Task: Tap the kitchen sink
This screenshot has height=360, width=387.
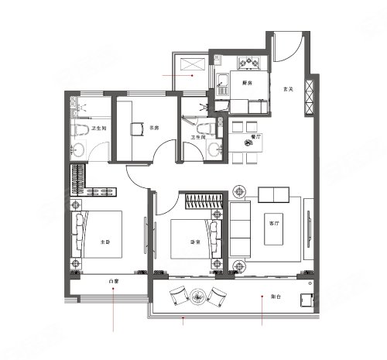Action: click(221, 77)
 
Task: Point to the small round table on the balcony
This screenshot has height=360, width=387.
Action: click(199, 296)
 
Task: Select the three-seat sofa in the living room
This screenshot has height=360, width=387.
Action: click(240, 229)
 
